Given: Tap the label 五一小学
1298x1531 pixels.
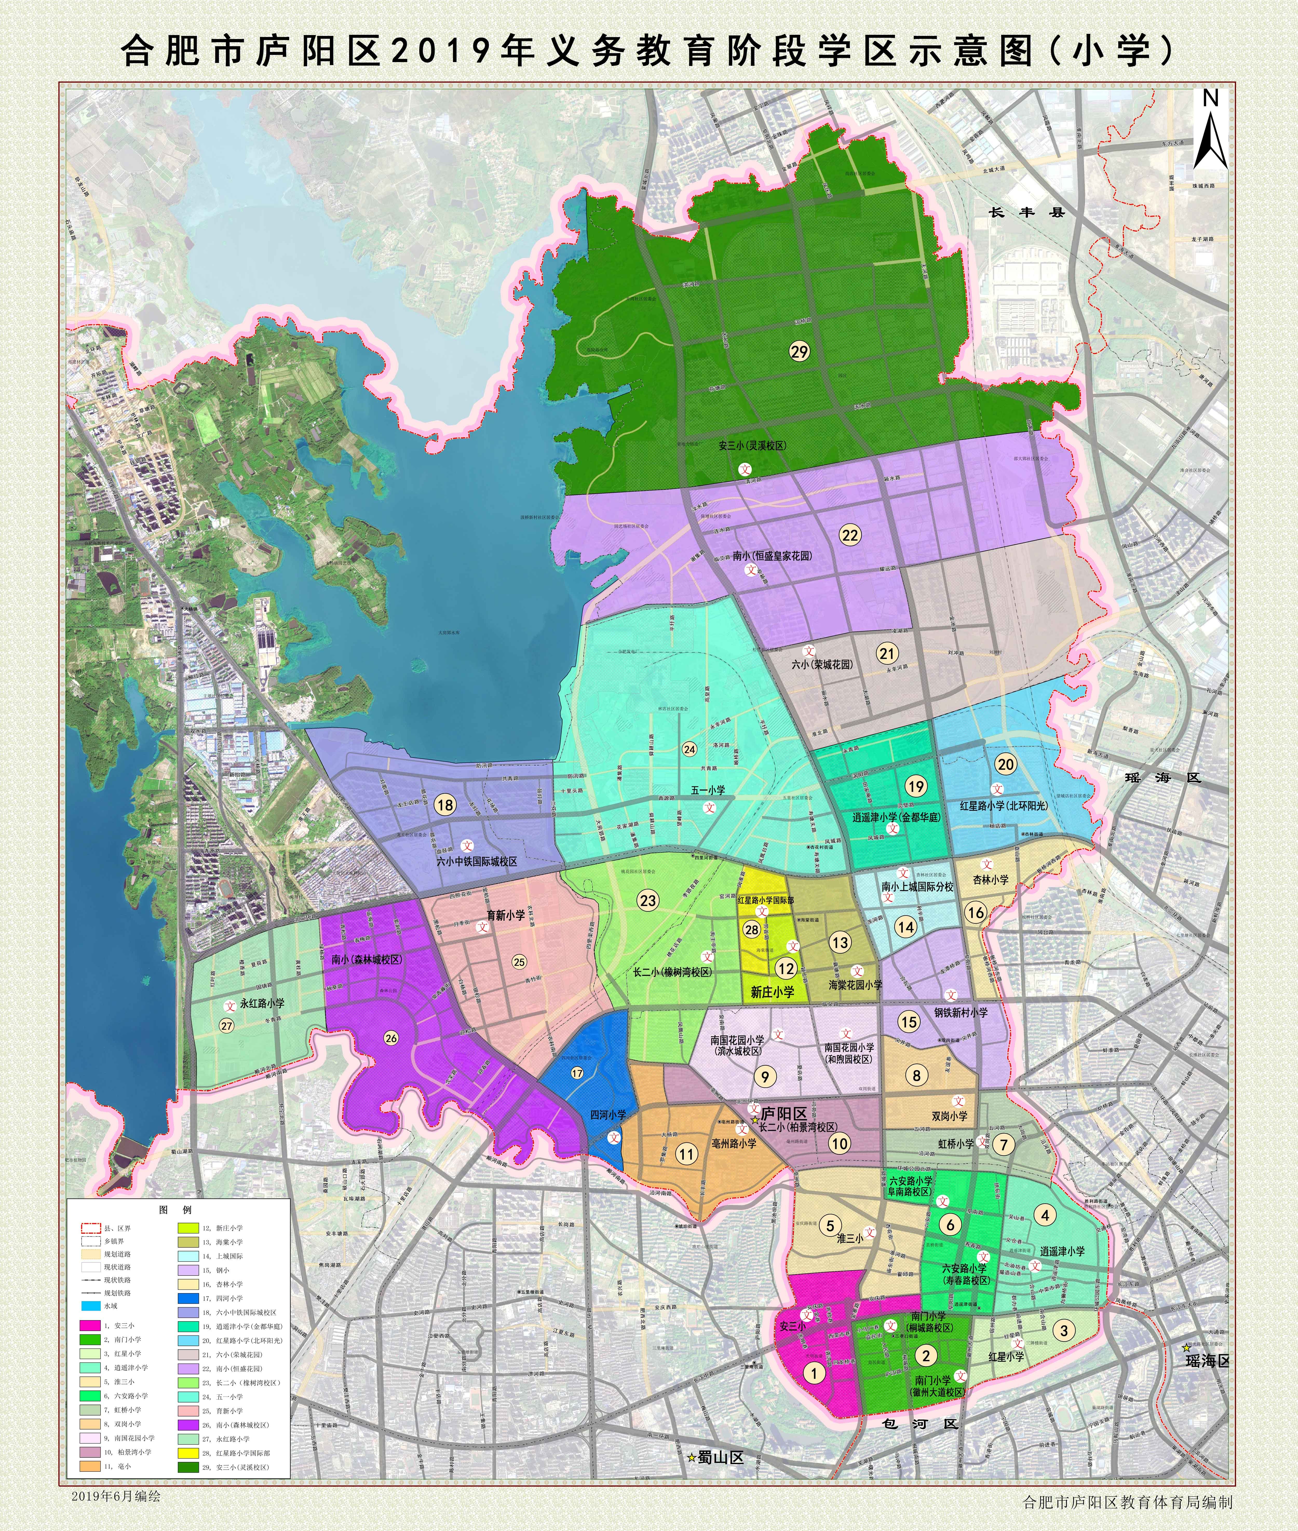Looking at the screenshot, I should [x=708, y=790].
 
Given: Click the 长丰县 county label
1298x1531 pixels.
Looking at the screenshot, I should [x=1026, y=213].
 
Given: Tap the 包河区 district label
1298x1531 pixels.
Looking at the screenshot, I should [x=921, y=1423].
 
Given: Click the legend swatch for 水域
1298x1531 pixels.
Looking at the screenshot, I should [x=91, y=1306].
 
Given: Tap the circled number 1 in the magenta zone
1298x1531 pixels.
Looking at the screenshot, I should [x=814, y=1372].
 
